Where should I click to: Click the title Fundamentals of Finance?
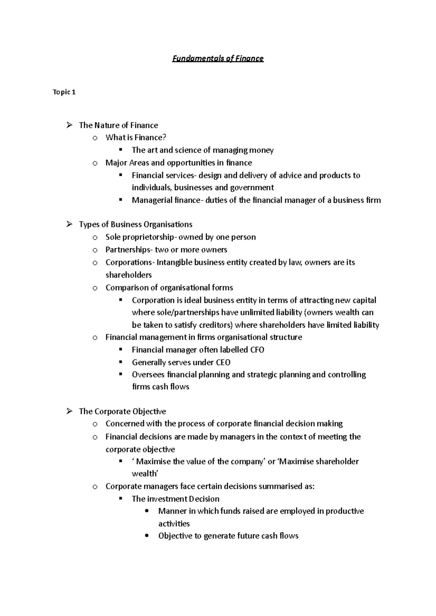point(218,58)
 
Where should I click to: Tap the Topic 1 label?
point(64,92)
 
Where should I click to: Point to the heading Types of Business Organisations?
point(136,225)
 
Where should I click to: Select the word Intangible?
point(174,262)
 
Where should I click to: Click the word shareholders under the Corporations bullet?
point(129,275)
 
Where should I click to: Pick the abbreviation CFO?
point(257,350)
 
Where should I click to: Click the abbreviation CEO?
point(223,362)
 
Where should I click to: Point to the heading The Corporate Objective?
point(122,411)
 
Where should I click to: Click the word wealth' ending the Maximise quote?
point(145,474)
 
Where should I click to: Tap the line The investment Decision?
point(175,499)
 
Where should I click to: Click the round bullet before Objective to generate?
point(147,536)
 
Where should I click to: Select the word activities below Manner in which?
point(174,523)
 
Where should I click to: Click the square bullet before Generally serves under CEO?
point(121,362)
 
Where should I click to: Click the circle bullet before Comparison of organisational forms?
point(95,288)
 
